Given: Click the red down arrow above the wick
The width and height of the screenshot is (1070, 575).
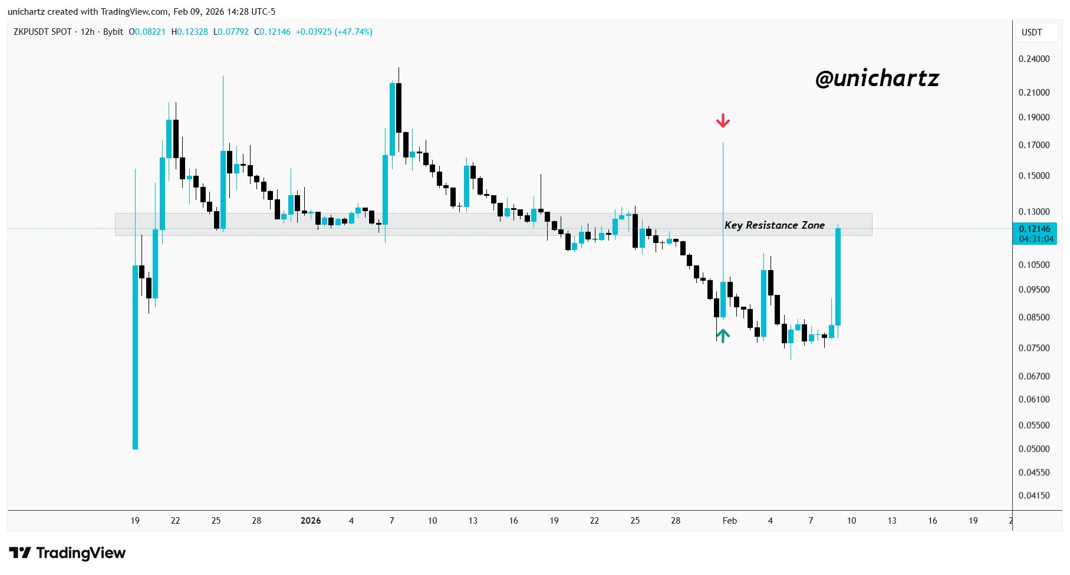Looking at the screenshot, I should point(723,121).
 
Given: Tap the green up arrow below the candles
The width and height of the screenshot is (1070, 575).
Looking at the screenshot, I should point(723,335).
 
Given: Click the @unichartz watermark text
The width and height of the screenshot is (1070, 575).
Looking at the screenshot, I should point(877,78).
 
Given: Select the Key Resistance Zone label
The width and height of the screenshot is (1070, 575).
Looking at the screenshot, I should point(774,225).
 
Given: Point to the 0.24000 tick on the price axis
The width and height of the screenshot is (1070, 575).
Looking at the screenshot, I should point(1034,59).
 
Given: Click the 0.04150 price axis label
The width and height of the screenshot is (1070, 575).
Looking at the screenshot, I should point(1034,495).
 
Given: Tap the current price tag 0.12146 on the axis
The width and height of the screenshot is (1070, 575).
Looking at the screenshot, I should point(1035,229).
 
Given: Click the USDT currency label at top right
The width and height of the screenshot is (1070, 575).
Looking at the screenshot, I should point(1032,32).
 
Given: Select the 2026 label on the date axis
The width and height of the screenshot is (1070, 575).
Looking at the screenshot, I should point(311,521).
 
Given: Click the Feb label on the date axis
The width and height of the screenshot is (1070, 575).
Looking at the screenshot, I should point(730,521).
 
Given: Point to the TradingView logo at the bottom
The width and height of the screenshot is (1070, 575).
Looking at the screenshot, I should point(68,553).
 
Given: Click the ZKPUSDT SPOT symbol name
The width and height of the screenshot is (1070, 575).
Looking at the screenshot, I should point(42,32).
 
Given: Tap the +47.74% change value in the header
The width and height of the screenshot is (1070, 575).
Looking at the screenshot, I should point(353,32).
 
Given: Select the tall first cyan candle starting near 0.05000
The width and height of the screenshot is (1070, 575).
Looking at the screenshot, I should point(135,357).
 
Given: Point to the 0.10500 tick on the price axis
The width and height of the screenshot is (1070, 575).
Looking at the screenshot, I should point(1034,265).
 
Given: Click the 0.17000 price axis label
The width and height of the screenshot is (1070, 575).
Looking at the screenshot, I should point(1034,145).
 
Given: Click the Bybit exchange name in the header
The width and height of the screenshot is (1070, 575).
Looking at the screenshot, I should point(113,32).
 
